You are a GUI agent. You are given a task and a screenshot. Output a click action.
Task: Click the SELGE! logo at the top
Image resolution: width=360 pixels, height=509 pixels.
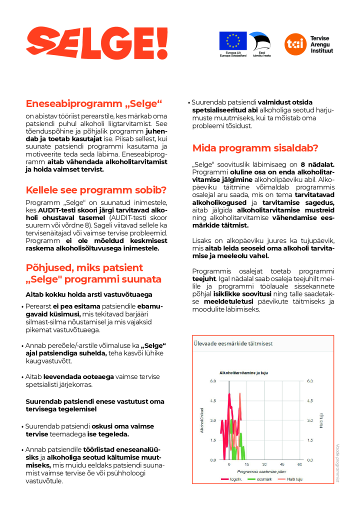click(97, 43)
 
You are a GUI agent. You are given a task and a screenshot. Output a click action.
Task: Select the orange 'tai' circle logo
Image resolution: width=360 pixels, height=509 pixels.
click(293, 43)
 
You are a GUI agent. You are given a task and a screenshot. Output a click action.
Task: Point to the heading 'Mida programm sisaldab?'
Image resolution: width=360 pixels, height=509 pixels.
click(255, 148)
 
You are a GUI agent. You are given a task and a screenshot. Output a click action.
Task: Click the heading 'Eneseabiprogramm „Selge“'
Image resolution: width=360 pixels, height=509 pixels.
click(94, 104)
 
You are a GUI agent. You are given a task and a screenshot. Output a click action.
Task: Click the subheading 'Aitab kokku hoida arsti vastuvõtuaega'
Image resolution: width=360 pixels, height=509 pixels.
click(89, 294)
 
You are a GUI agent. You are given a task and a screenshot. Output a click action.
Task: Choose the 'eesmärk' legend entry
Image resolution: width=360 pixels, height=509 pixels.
click(260, 479)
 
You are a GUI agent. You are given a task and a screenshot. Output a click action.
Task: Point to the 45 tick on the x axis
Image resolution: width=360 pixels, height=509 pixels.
click(282, 464)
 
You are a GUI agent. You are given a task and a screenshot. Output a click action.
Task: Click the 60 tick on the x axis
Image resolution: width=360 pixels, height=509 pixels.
click(300, 464)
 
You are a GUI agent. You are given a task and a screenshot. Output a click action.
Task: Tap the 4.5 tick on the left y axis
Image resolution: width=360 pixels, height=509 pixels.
click(212, 400)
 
